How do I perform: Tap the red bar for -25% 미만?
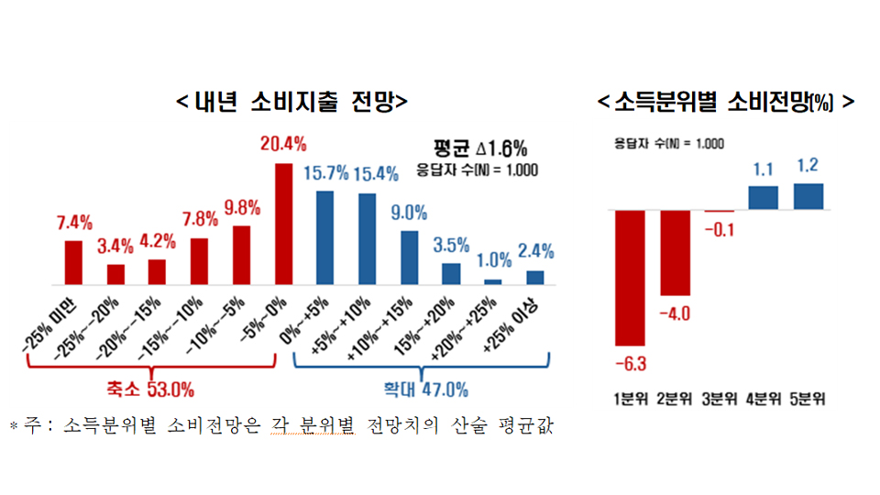73,262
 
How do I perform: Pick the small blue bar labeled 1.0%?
493,281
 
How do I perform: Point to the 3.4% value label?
115,247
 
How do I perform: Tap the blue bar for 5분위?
808,196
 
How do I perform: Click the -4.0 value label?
674,314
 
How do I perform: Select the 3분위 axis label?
719,399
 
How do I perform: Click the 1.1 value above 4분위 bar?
763,170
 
